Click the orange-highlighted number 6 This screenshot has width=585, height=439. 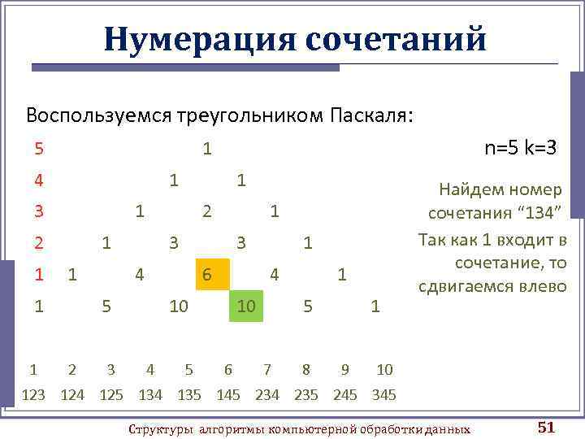click(209, 275)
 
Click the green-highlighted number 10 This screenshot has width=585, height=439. click(246, 306)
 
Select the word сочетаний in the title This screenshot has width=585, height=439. click(396, 38)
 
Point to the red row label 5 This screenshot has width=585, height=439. click(38, 149)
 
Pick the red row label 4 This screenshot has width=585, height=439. click(38, 179)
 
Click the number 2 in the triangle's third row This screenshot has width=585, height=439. click(207, 211)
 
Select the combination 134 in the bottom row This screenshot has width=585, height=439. click(150, 394)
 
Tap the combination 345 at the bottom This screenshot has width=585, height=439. click(383, 394)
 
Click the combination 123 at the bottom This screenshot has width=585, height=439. click(33, 394)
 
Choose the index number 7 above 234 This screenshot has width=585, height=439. click(266, 370)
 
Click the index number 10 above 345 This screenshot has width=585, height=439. click(383, 370)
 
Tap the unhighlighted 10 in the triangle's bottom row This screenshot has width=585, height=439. click(179, 306)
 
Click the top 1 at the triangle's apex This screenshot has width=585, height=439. click(208, 149)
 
